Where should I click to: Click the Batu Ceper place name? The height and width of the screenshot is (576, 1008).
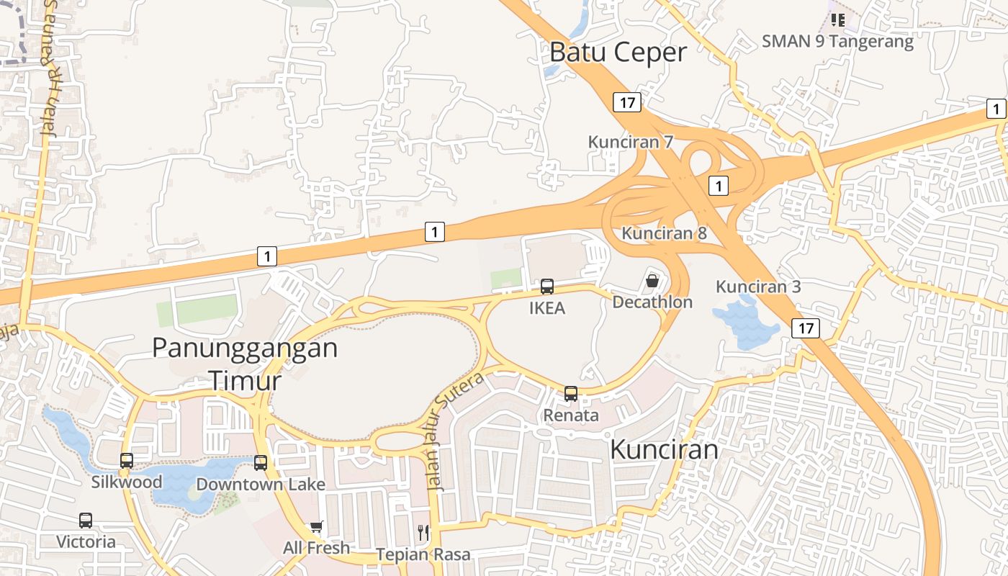(618, 53)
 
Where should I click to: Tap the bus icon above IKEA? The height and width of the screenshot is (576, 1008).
(547, 287)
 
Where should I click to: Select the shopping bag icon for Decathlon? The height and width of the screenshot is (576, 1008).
(652, 281)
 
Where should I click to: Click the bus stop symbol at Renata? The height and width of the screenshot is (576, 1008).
(571, 394)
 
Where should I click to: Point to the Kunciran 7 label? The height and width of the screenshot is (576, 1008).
(630, 142)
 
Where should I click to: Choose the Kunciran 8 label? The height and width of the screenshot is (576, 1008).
(664, 233)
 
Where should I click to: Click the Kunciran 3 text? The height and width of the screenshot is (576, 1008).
(757, 287)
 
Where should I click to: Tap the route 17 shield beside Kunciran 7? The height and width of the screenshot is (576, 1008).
(627, 102)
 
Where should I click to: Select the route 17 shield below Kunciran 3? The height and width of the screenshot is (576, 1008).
(805, 328)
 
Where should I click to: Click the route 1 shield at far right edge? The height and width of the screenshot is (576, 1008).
(996, 109)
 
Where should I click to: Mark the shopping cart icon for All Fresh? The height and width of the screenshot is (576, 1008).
(316, 528)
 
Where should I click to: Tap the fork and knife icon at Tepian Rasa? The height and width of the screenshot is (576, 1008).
(423, 533)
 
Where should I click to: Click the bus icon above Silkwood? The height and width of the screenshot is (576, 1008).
(127, 461)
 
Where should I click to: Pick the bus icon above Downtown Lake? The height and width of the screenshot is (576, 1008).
(261, 463)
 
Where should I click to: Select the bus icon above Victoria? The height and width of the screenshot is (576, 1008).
(86, 520)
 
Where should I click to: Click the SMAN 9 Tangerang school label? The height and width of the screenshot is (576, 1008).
(837, 41)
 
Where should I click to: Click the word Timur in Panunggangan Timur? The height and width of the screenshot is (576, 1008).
(244, 380)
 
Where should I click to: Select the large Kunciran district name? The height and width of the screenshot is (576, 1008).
(664, 449)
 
